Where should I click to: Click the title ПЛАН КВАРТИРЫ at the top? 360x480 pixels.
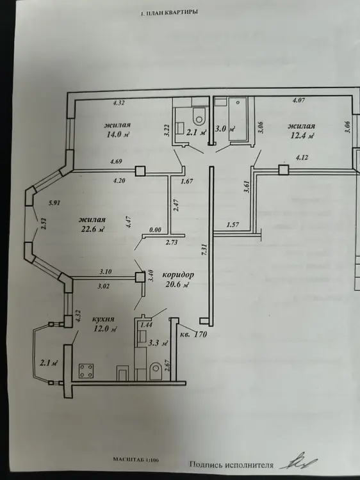point(172,13)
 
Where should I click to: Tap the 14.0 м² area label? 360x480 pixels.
point(118,134)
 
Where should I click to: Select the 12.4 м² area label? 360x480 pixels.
point(302,135)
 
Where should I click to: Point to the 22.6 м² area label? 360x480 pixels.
point(92,228)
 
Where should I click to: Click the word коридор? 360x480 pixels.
point(178,275)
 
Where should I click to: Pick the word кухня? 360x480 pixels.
point(103,319)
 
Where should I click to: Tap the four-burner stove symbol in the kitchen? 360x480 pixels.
point(86,371)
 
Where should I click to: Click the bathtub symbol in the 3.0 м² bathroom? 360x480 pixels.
point(238,119)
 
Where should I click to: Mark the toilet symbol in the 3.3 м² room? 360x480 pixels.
point(156,371)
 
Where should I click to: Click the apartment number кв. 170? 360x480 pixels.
point(193,334)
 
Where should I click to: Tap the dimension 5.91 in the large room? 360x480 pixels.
point(54,203)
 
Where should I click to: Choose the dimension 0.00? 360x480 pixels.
point(155,230)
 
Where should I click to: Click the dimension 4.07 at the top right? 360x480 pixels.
point(299,100)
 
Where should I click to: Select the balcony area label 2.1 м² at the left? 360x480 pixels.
point(49,363)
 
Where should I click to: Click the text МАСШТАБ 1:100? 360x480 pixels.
point(136,460)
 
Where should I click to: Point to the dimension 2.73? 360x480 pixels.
point(172,243)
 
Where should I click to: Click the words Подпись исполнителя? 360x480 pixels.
point(231,465)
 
